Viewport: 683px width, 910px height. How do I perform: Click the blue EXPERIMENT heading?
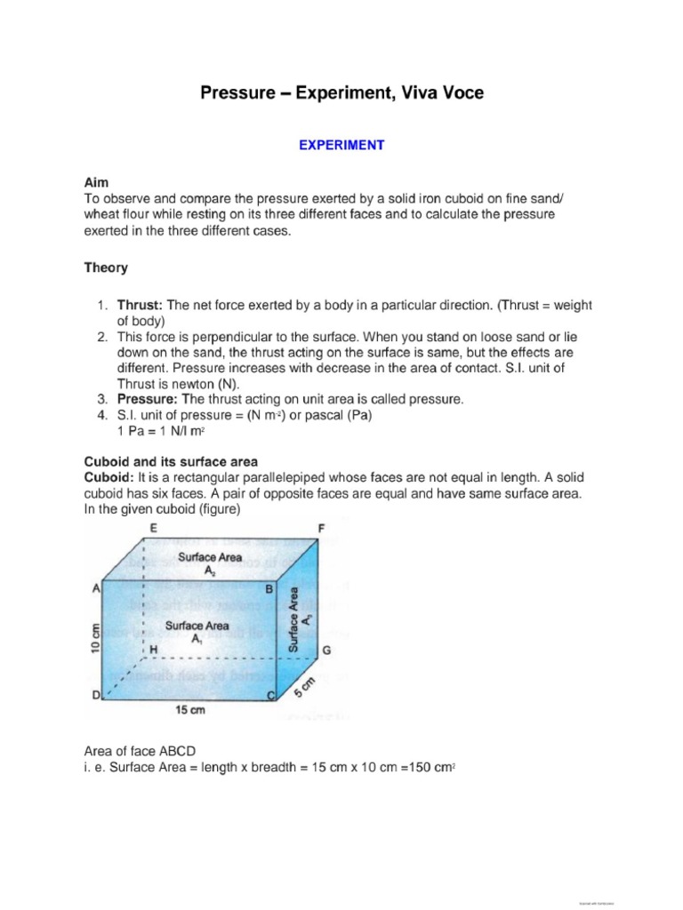[341, 145]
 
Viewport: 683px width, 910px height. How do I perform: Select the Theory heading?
[106, 267]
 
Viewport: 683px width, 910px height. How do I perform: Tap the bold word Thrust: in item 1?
[141, 306]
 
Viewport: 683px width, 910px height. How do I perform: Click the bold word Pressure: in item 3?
[148, 400]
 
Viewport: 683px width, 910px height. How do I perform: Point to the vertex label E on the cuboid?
[155, 528]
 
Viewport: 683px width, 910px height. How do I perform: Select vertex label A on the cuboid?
[95, 587]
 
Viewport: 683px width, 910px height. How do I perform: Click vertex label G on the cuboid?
[326, 651]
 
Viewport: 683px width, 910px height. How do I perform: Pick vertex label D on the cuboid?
[95, 698]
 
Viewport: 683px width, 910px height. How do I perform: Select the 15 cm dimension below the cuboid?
[185, 711]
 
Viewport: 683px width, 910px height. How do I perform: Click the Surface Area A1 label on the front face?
[205, 631]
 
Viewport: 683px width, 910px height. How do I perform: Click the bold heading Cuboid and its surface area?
[171, 461]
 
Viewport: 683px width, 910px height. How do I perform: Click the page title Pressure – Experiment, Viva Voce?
[341, 93]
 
